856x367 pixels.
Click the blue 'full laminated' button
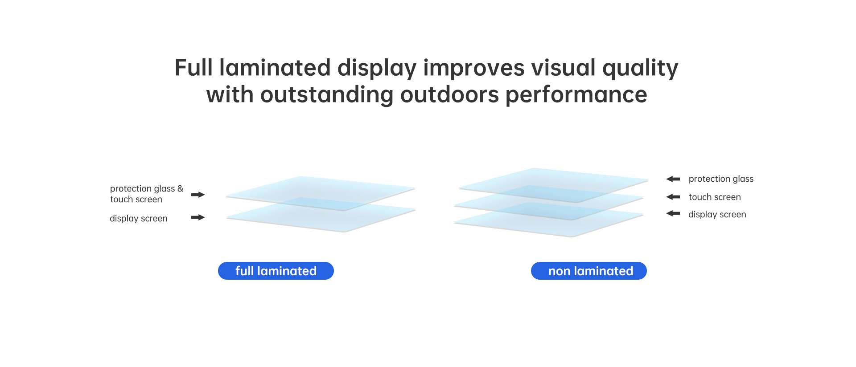point(276,271)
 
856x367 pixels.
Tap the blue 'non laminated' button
point(589,271)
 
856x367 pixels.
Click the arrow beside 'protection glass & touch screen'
point(198,195)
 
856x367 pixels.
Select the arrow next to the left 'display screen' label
point(198,217)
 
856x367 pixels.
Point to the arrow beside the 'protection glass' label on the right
point(673,179)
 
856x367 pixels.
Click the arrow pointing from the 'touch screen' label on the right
point(673,197)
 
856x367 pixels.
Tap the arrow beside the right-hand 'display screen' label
point(673,214)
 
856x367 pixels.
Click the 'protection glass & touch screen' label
point(147,194)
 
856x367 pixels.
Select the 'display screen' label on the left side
point(139,218)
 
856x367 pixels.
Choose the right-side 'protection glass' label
point(721,179)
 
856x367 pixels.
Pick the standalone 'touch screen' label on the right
point(715,197)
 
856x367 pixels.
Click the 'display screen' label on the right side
point(717,214)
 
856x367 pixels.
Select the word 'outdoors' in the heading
point(449,95)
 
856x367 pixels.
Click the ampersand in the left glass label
point(180,188)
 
